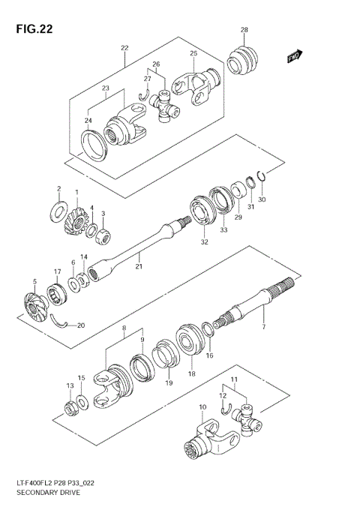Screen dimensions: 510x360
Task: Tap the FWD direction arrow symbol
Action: pyautogui.click(x=294, y=56)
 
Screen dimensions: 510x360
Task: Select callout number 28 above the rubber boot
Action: pyautogui.click(x=244, y=30)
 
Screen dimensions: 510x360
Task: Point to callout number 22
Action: pyautogui.click(x=124, y=49)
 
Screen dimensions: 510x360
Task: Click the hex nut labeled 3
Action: pyautogui.click(x=103, y=237)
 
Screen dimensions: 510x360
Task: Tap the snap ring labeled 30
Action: pyautogui.click(x=258, y=178)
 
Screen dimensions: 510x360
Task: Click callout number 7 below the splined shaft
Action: pyautogui.click(x=263, y=328)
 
